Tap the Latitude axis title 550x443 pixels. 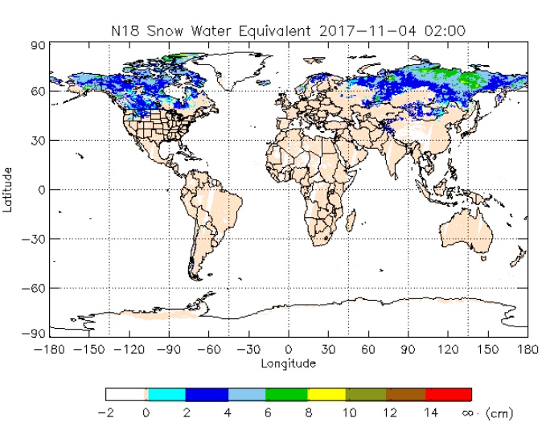[8, 189]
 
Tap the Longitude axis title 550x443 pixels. [288, 363]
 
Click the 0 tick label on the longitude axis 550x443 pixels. [289, 351]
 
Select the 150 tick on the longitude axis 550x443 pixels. [488, 351]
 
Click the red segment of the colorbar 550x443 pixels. [448, 395]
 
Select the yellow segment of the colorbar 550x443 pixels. [327, 395]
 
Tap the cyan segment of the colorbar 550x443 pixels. [166, 395]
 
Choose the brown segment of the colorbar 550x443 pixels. [406, 395]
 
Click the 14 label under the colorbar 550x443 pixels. [430, 413]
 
